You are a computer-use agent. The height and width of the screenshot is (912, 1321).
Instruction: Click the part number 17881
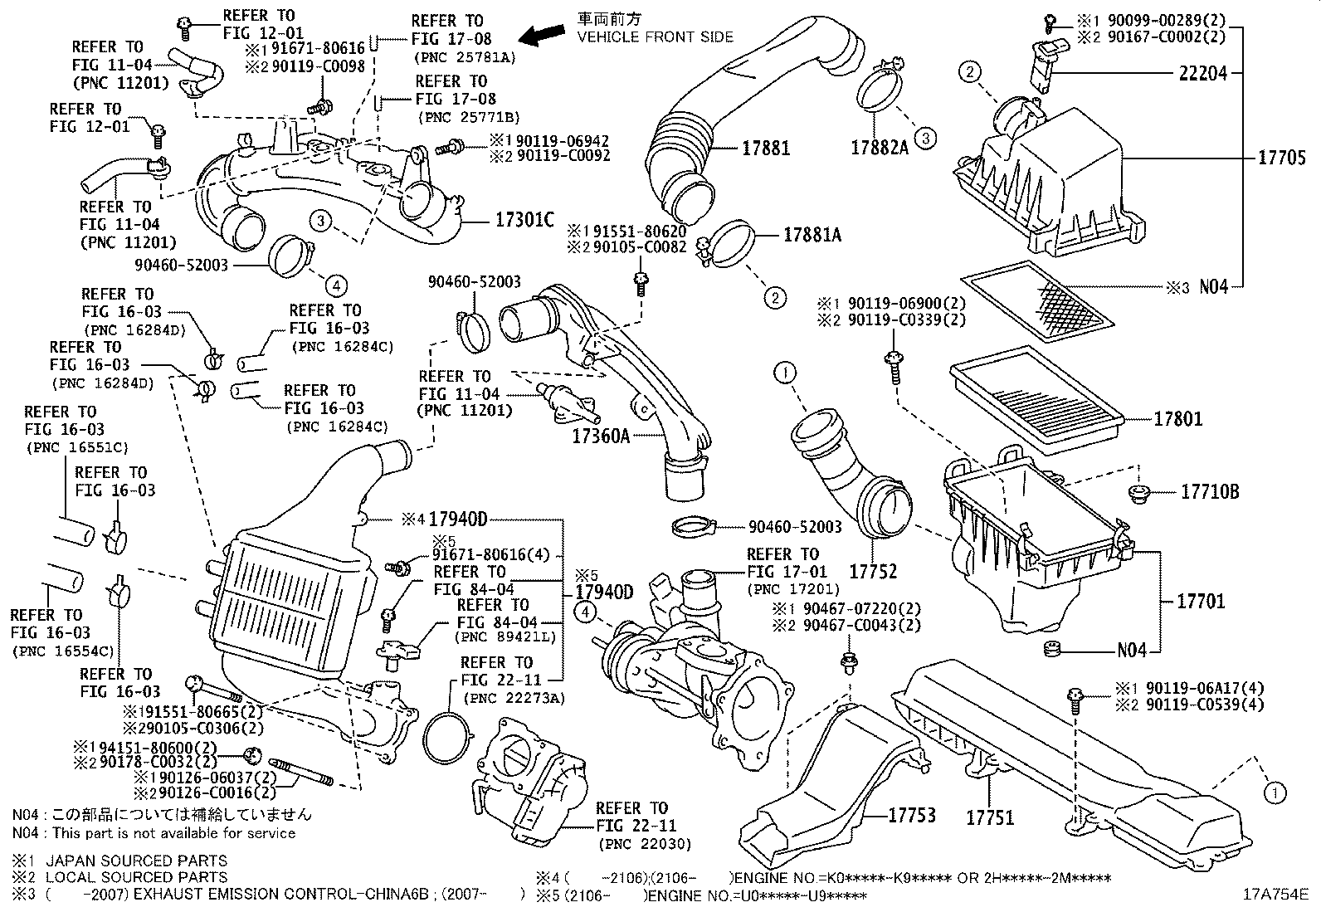(765, 149)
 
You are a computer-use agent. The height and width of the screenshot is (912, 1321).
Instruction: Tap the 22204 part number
(1202, 73)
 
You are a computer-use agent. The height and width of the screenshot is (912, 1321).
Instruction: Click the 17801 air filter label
(1178, 419)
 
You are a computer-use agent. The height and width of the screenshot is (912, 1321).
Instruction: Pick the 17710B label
(1210, 492)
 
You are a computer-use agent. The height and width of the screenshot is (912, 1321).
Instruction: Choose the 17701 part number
(1201, 601)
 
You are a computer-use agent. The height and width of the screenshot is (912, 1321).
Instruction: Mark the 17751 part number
(990, 817)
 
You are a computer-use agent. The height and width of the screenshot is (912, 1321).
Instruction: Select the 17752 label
(873, 572)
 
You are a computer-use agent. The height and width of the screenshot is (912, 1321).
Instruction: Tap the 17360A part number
(600, 434)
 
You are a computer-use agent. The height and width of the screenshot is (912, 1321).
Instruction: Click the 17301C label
(524, 220)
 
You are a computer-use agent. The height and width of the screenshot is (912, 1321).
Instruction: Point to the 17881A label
(812, 236)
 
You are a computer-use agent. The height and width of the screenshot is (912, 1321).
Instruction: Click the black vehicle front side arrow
(544, 34)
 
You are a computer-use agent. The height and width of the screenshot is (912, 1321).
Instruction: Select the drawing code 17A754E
(1275, 895)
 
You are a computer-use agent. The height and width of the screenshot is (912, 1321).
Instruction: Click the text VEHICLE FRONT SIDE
(655, 37)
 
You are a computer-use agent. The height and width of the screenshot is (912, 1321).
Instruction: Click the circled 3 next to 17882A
(925, 139)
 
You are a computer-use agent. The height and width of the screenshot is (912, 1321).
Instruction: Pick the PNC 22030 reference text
(644, 845)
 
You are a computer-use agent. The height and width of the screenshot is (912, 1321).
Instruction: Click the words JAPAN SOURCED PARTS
(136, 861)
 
